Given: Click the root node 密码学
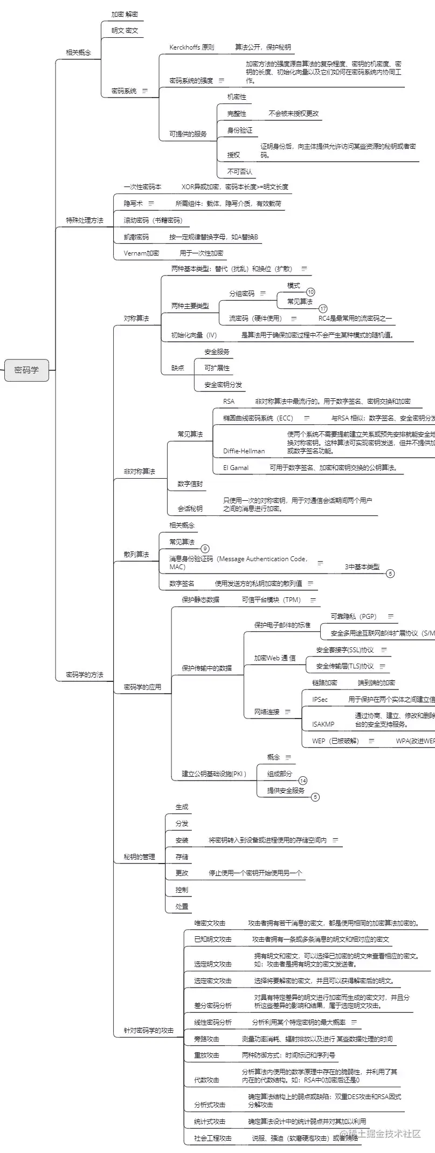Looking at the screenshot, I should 26,370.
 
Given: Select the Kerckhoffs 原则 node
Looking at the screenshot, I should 191,47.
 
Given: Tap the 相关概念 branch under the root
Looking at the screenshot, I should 78,53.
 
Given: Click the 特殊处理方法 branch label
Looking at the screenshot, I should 84,220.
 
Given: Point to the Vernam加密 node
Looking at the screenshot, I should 141,253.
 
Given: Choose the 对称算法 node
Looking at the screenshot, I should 136,319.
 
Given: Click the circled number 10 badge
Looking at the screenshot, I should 310,292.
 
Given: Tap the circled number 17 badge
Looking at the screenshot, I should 323,309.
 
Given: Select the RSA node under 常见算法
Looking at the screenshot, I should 229,402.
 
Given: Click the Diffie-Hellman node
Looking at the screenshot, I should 244,451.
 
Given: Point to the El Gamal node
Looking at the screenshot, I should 236,468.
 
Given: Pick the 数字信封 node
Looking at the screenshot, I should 190,484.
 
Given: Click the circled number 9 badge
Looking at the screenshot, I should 205,549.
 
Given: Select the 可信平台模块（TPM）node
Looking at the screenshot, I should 271,600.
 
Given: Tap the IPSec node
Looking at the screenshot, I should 320,700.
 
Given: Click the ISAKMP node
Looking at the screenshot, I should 323,724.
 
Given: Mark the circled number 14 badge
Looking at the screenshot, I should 303,781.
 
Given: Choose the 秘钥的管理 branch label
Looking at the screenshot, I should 139,857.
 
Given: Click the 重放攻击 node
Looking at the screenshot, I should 206,1055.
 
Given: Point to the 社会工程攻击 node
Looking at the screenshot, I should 212,1138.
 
